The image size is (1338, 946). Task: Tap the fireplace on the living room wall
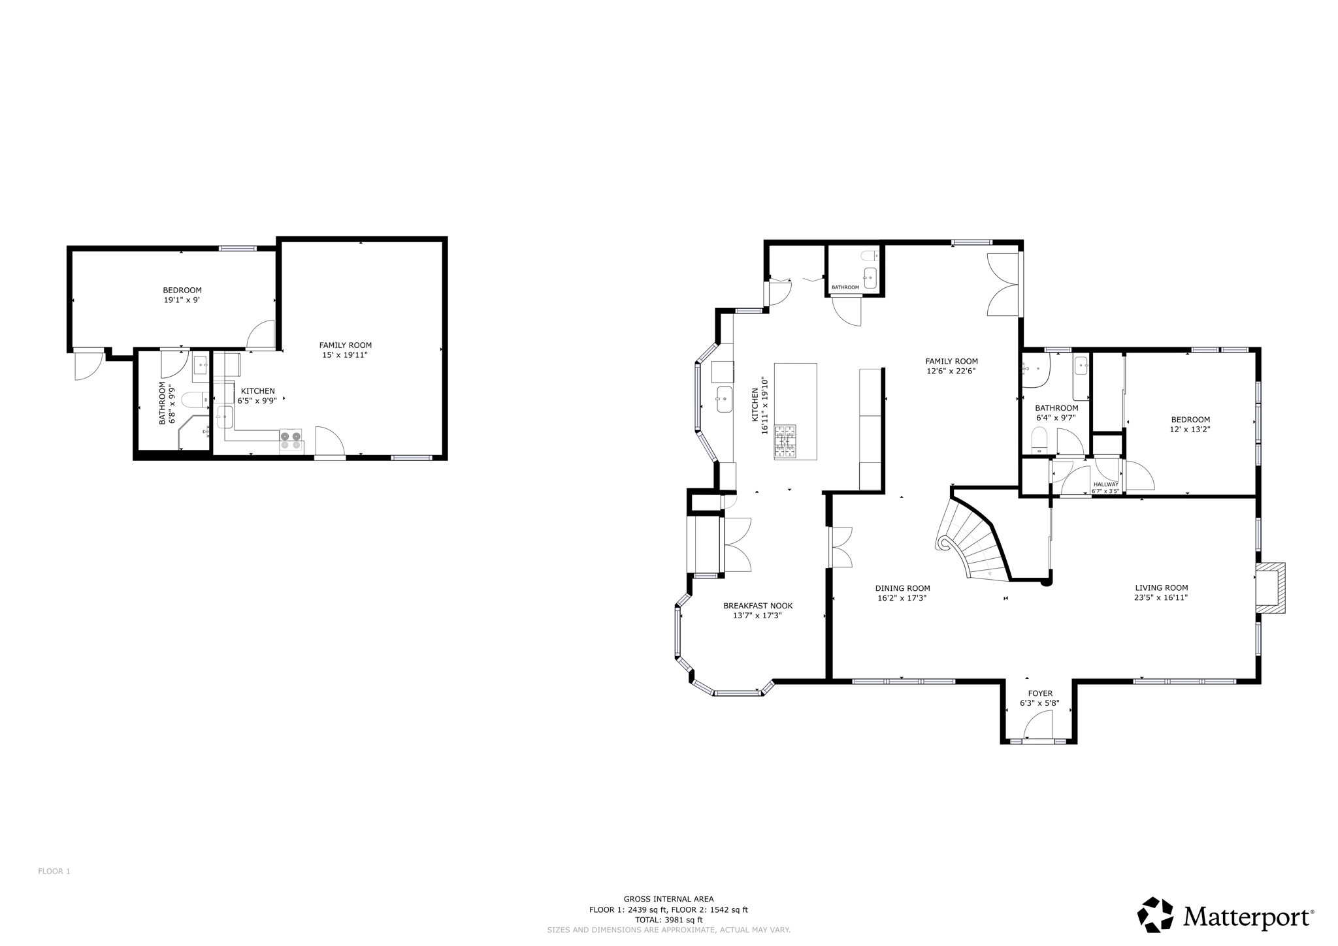(1269, 588)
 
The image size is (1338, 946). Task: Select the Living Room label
(1161, 588)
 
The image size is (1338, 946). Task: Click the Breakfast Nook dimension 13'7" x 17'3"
(757, 616)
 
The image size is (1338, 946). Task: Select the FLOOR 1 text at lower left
(54, 872)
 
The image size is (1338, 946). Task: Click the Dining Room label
(902, 588)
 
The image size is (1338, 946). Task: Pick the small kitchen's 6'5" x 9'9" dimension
(257, 401)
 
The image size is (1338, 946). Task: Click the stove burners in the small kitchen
(291, 440)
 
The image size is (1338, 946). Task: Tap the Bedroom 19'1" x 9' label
(182, 295)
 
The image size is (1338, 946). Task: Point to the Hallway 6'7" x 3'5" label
(1105, 488)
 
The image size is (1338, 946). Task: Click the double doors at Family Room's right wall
(1003, 285)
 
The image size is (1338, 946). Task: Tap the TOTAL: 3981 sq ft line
(668, 920)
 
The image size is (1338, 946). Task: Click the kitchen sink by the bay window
(724, 399)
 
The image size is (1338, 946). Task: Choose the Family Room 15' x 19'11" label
(345, 350)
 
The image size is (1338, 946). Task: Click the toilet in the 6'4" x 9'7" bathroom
(1039, 441)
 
